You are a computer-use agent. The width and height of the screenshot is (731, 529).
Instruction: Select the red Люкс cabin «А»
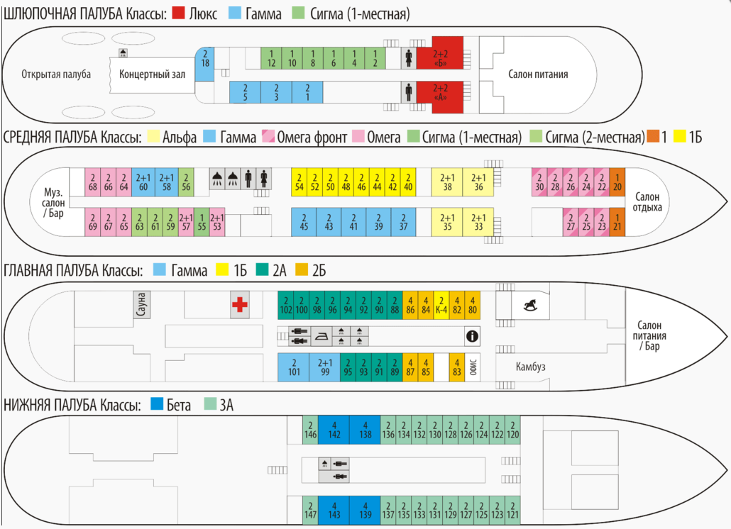pyautogui.click(x=439, y=97)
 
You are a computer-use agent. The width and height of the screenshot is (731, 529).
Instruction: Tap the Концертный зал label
pyautogui.click(x=152, y=74)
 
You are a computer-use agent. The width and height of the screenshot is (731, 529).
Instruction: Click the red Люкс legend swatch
pyautogui.click(x=179, y=13)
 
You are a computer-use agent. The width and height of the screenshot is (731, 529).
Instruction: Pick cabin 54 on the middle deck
pyautogui.click(x=299, y=182)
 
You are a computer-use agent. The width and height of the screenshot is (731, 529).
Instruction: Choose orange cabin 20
pyautogui.click(x=617, y=182)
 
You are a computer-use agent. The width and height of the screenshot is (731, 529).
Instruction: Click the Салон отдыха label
pyautogui.click(x=647, y=202)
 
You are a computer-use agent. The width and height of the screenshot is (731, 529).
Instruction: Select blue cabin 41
pyautogui.click(x=353, y=222)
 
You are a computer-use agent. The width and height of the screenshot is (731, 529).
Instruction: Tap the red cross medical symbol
pyautogui.click(x=240, y=304)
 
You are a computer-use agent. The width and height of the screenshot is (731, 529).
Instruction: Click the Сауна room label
pyautogui.click(x=141, y=304)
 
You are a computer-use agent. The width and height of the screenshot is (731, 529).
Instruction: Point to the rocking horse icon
pyautogui.click(x=530, y=305)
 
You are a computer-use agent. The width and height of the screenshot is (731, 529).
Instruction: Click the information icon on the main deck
pyautogui.click(x=472, y=335)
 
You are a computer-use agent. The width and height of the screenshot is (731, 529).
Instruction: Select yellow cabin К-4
pyautogui.click(x=441, y=306)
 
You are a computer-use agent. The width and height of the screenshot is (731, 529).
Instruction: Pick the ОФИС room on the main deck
pyautogui.click(x=473, y=367)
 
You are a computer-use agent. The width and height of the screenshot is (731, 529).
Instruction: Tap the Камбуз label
pyautogui.click(x=531, y=367)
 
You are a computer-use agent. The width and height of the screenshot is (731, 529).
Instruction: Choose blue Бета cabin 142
pyautogui.click(x=334, y=430)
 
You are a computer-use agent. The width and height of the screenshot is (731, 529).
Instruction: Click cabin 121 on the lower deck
pyautogui.click(x=512, y=511)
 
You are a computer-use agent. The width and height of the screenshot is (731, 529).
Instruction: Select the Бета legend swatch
pyautogui.click(x=157, y=403)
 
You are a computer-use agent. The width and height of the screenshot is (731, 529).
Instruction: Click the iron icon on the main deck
pyautogui.click(x=322, y=336)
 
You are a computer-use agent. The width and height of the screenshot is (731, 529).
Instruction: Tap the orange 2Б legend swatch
pyautogui.click(x=302, y=269)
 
